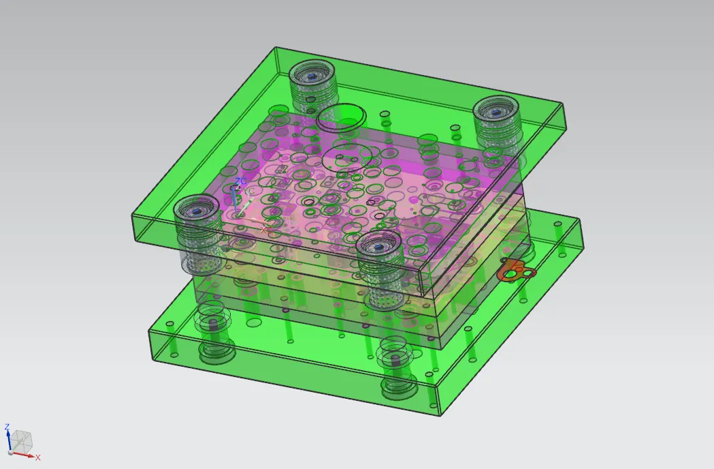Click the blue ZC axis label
click(240, 182)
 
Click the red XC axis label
click(264, 230)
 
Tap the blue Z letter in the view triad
click(7, 427)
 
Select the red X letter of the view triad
click(38, 457)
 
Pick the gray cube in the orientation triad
click(22, 441)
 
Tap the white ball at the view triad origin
click(9, 453)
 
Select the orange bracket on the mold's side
click(516, 271)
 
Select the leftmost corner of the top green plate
click(132, 215)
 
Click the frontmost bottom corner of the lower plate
click(441, 415)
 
